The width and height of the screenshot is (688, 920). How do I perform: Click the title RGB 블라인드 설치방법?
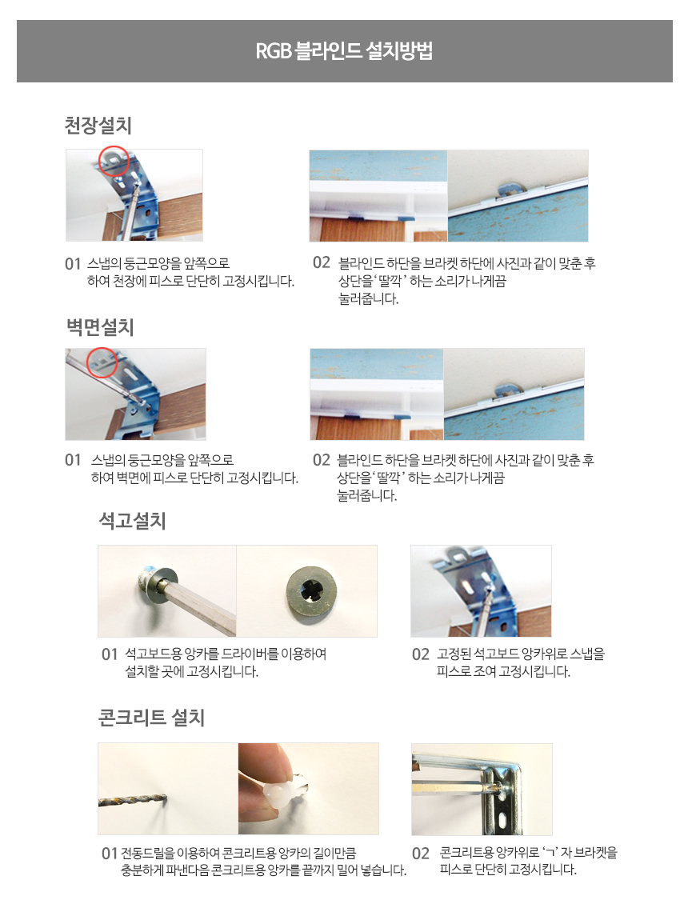pyautogui.click(x=344, y=51)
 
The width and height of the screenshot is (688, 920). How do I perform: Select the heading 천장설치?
pyautogui.click(x=98, y=125)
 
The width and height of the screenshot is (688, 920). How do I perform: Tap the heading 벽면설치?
pyautogui.click(x=100, y=327)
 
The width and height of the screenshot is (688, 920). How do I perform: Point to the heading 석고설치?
pyautogui.click(x=133, y=521)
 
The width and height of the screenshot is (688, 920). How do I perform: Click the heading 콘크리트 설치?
pyautogui.click(x=151, y=718)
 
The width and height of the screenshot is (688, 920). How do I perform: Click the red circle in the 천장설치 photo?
pyautogui.click(x=114, y=161)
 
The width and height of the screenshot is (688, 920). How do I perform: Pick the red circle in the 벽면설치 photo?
pyautogui.click(x=102, y=363)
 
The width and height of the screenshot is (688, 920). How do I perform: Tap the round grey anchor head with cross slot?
pyautogui.click(x=311, y=591)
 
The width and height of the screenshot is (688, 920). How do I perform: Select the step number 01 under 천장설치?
pyautogui.click(x=73, y=264)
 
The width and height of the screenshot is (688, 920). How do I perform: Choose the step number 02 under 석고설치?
pyautogui.click(x=421, y=654)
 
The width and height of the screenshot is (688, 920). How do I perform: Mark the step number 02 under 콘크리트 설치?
pyautogui.click(x=421, y=853)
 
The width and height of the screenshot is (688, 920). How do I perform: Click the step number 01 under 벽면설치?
pyautogui.click(x=73, y=460)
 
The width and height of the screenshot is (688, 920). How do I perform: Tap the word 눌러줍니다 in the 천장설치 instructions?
pyautogui.click(x=368, y=298)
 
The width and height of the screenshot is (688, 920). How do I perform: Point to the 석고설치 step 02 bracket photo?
pyautogui.click(x=481, y=591)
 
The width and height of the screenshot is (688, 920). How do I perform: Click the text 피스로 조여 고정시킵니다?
pyautogui.click(x=503, y=671)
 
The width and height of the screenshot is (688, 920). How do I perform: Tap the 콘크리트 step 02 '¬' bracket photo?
pyautogui.click(x=482, y=789)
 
